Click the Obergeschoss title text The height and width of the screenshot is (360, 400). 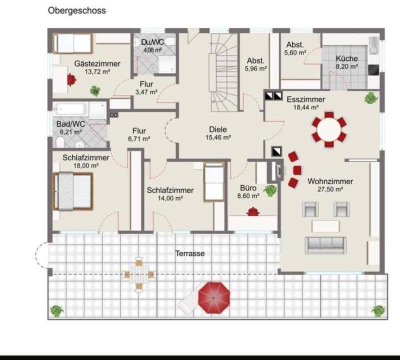[x=76, y=10]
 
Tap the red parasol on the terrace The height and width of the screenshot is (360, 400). [x=214, y=297]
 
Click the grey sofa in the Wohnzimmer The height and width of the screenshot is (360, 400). [x=325, y=244]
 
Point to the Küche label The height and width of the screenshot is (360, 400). [x=346, y=58]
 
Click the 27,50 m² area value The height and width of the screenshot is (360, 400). [x=330, y=189]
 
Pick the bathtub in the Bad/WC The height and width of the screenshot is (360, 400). [x=80, y=109]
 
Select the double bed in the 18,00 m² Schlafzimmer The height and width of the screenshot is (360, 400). [x=73, y=191]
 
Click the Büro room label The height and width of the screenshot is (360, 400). [x=248, y=188]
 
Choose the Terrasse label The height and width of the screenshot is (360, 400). [x=189, y=253]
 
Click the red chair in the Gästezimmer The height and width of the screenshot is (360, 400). [x=71, y=79]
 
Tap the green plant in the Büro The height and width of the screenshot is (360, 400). [x=270, y=190]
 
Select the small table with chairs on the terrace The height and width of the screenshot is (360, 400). [x=139, y=273]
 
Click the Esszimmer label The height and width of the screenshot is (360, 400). [x=305, y=99]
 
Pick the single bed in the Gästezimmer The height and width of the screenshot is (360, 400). [x=73, y=43]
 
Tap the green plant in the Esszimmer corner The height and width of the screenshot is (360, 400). [x=371, y=97]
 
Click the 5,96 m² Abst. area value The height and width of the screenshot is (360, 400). [x=255, y=68]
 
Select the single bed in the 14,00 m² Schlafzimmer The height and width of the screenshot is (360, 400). [x=214, y=182]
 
